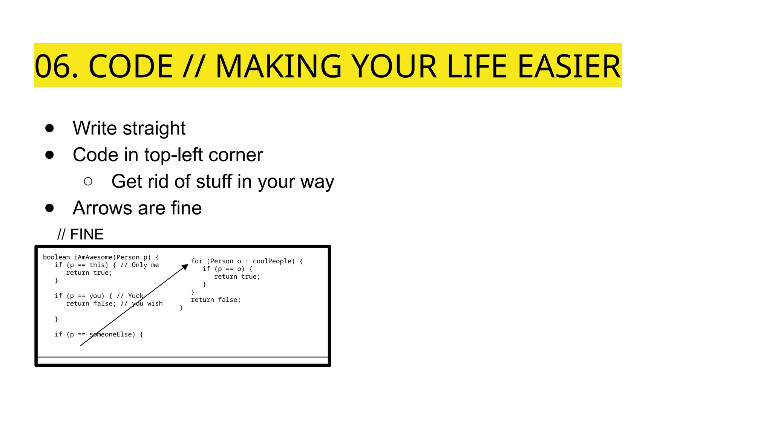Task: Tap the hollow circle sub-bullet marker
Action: pyautogui.click(x=88, y=182)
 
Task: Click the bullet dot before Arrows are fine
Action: pyautogui.click(x=49, y=208)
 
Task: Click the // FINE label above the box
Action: pyautogui.click(x=80, y=234)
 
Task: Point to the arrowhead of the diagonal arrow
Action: pyautogui.click(x=185, y=267)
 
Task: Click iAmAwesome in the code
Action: pyautogui.click(x=93, y=257)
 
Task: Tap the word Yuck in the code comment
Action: pyautogui.click(x=136, y=296)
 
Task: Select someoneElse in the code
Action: pyautogui.click(x=112, y=334)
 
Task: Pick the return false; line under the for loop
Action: pyautogui.click(x=216, y=300)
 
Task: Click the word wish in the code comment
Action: pyautogui.click(x=155, y=304)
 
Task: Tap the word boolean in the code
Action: pyautogui.click(x=57, y=257)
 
